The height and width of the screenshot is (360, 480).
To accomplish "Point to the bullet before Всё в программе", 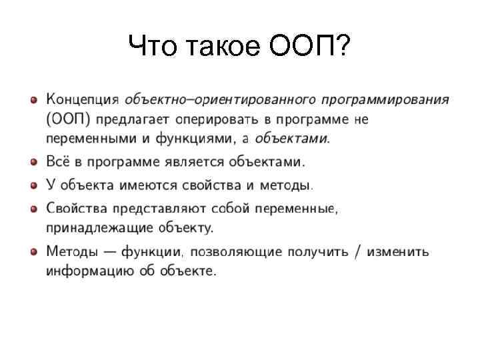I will pos(33,161).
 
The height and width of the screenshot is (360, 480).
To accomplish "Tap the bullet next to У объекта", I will pos(33,183).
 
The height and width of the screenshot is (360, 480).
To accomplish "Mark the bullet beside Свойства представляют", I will pos(33,209).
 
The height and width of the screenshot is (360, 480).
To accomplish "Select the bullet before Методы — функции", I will pos(33,252).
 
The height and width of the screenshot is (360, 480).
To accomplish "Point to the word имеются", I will pos(139,183).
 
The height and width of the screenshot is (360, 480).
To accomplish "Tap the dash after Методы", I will pos(107,252).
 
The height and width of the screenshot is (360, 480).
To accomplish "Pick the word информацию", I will pos(85,271).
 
